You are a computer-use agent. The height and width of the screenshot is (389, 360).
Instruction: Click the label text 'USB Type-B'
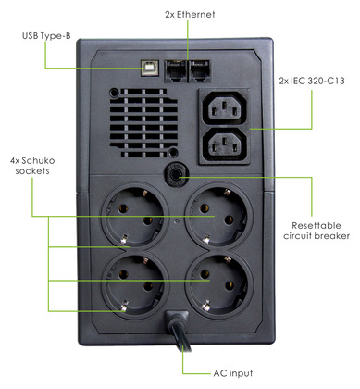(47, 37)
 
